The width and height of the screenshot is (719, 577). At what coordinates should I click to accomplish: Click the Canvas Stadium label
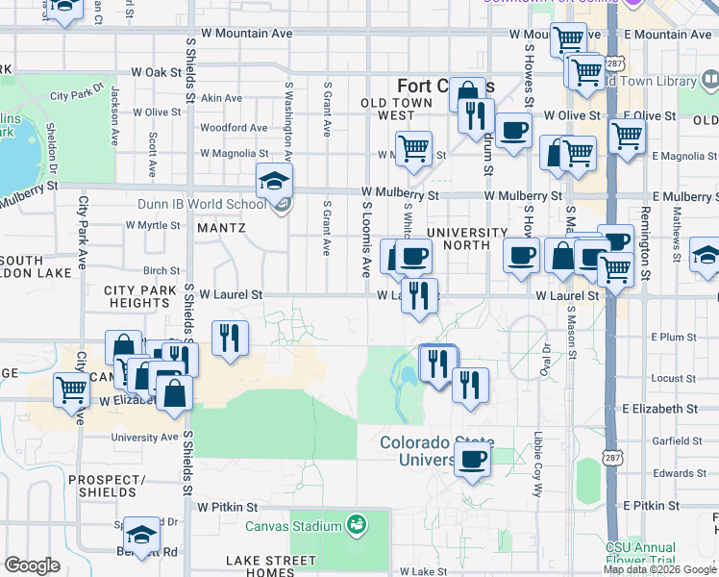point(293,526)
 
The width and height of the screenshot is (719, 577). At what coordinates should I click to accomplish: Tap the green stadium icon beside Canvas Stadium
point(356,525)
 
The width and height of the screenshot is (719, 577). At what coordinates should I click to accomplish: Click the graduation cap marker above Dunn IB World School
point(274,181)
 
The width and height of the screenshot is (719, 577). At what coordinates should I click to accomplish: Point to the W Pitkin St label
point(228,506)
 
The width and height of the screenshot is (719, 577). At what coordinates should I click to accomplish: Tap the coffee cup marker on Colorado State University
point(471,459)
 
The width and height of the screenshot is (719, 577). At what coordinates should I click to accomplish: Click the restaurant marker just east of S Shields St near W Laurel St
point(230,339)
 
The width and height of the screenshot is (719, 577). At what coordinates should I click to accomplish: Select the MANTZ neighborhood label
point(221,228)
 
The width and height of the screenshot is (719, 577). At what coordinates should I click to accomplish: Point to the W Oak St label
point(156,72)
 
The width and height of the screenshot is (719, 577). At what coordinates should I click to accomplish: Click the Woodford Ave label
point(234,127)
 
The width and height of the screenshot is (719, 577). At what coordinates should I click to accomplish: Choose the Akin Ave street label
point(222,98)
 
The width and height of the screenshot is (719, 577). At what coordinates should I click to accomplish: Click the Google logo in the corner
point(32,565)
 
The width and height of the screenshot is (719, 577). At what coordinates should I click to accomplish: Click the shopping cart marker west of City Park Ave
point(72,389)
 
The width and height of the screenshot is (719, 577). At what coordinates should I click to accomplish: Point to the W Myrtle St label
point(153,226)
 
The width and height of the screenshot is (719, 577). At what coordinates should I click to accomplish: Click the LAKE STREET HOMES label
point(270,567)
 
